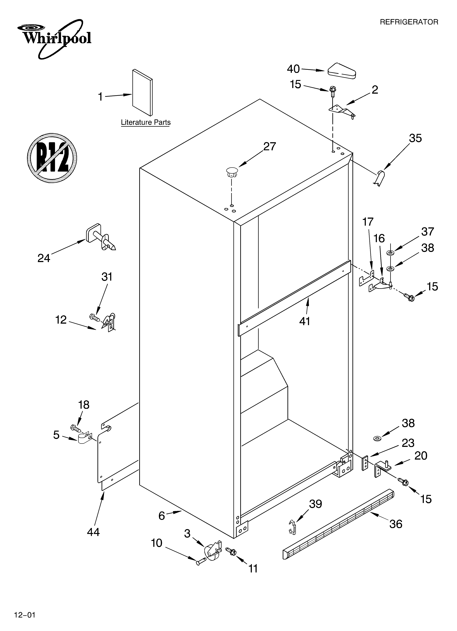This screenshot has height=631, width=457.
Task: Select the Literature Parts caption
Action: pyautogui.click(x=146, y=122)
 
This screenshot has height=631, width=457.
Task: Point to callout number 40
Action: pyautogui.click(x=293, y=69)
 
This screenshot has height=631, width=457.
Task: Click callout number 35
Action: pyautogui.click(x=415, y=138)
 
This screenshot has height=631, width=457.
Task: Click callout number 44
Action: pyautogui.click(x=93, y=532)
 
